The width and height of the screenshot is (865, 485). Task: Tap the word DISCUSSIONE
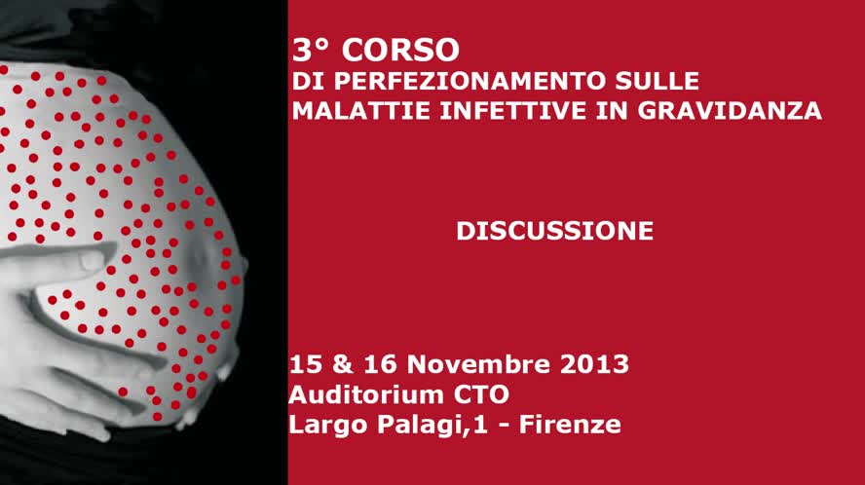[554, 231]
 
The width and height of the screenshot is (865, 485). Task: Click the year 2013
[594, 365]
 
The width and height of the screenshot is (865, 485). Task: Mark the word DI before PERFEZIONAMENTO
[305, 81]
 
